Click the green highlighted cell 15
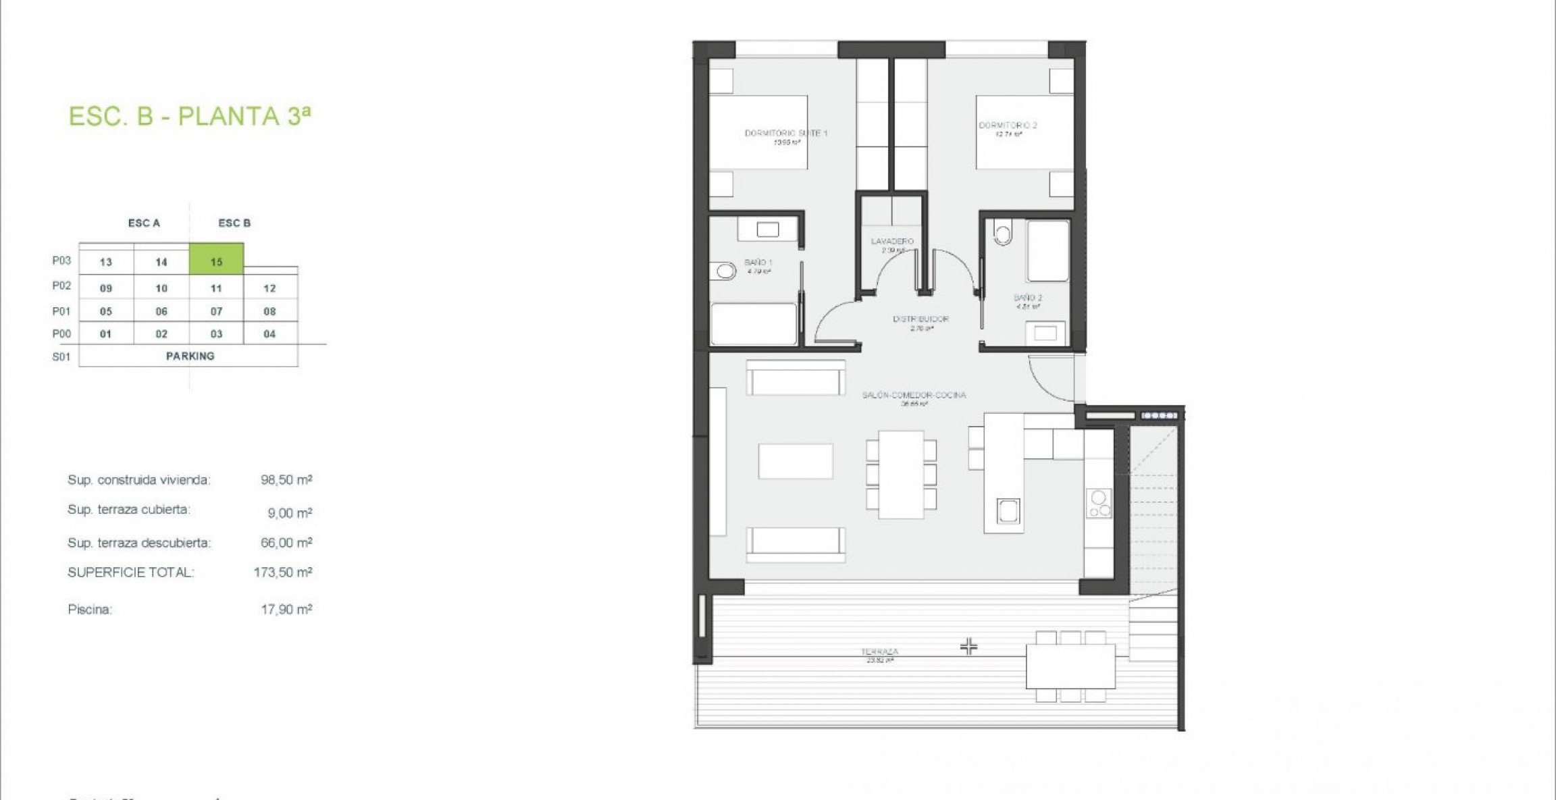pyautogui.click(x=216, y=261)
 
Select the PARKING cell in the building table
pyautogui.click(x=190, y=356)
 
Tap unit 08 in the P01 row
pyautogui.click(x=269, y=311)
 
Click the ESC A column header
pyautogui.click(x=144, y=223)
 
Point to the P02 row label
pyautogui.click(x=61, y=286)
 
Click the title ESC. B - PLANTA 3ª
pyautogui.click(x=190, y=116)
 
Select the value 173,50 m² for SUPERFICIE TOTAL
pyautogui.click(x=282, y=572)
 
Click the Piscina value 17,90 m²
pyautogui.click(x=286, y=609)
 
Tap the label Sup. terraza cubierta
pyautogui.click(x=128, y=510)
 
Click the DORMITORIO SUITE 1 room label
pyautogui.click(x=785, y=134)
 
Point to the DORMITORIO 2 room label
pyautogui.click(x=1008, y=126)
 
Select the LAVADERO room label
pyautogui.click(x=891, y=241)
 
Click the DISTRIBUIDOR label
pyautogui.click(x=920, y=319)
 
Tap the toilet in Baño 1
pyautogui.click(x=724, y=271)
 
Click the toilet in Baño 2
pyautogui.click(x=1003, y=234)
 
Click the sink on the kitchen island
pyautogui.click(x=1008, y=510)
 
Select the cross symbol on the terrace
pyautogui.click(x=968, y=647)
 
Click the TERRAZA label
pyautogui.click(x=879, y=652)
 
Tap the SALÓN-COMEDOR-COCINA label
pyautogui.click(x=914, y=395)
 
